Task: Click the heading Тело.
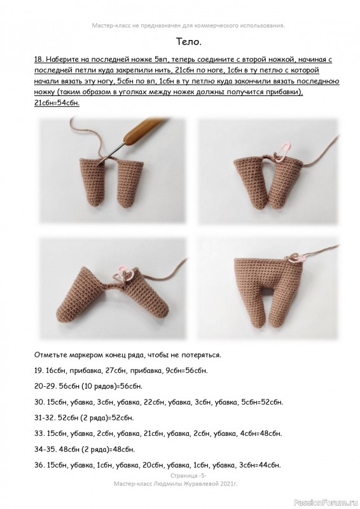[x=189, y=41]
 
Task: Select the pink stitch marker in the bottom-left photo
[x=125, y=274]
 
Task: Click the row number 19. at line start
[x=39, y=370]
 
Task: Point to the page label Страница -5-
[x=188, y=476]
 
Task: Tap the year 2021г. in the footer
[x=229, y=484]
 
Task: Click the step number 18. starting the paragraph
[x=39, y=59]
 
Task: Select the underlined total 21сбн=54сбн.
[x=57, y=103]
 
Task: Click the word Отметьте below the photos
[x=50, y=355]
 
